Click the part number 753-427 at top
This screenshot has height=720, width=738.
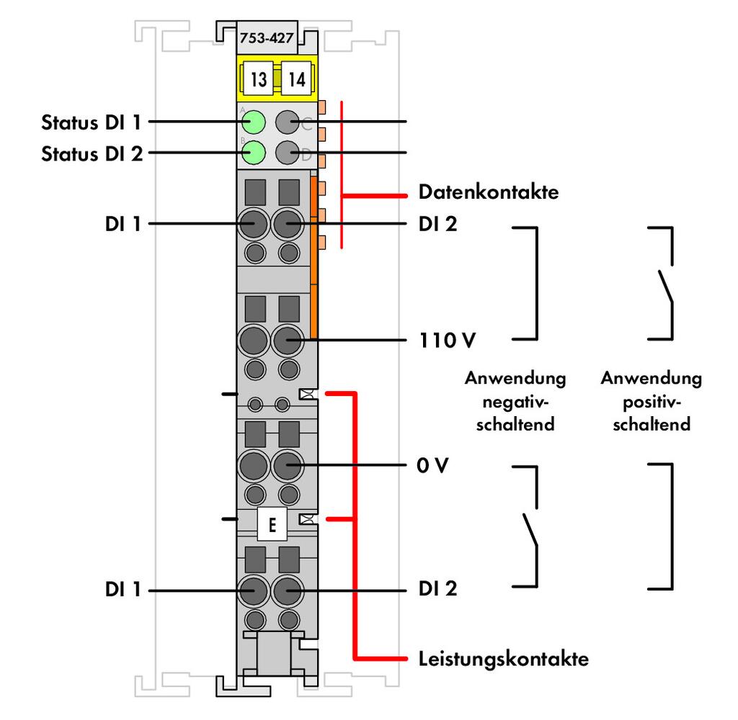tap(267, 37)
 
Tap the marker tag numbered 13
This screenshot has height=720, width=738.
tap(258, 78)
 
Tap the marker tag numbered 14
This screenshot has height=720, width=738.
tap(296, 78)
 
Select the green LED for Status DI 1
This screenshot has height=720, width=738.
tap(254, 122)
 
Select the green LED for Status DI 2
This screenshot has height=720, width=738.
tap(254, 153)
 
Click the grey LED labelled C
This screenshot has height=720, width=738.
tap(287, 122)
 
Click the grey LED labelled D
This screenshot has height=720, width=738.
tap(287, 153)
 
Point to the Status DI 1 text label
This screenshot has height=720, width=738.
tap(92, 122)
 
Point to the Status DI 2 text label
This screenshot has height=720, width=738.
tap(92, 154)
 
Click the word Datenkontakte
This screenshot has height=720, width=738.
tap(489, 192)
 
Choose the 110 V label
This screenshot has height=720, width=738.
tap(447, 340)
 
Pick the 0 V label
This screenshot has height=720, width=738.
tap(432, 465)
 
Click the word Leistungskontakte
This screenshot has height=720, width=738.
tap(504, 658)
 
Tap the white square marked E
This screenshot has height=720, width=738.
tap(272, 524)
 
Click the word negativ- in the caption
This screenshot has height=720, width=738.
tap(515, 402)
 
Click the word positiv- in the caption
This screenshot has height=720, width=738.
tap(652, 402)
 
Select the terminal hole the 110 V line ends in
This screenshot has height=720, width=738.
tap(287, 340)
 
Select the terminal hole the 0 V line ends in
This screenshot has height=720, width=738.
tap(287, 465)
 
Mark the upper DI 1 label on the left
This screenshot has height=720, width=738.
tap(123, 224)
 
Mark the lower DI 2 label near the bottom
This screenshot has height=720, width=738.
tap(437, 589)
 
